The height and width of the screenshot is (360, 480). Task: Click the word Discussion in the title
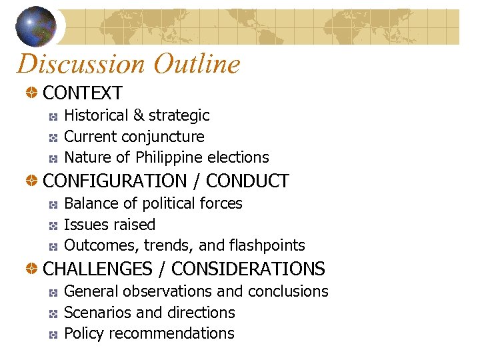coord(80,64)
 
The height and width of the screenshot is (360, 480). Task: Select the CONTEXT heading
coord(83,93)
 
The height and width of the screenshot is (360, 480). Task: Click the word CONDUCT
coord(247,181)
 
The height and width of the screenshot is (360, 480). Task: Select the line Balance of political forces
coord(153,203)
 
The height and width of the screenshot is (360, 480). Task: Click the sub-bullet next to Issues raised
coord(53,225)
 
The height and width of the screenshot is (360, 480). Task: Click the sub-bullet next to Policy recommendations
coord(53,334)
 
